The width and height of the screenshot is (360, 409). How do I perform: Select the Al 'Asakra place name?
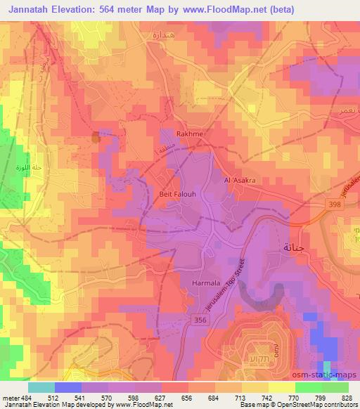239,181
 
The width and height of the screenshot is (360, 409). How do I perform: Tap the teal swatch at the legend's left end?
41,387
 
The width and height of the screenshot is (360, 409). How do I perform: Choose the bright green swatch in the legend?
308,387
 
